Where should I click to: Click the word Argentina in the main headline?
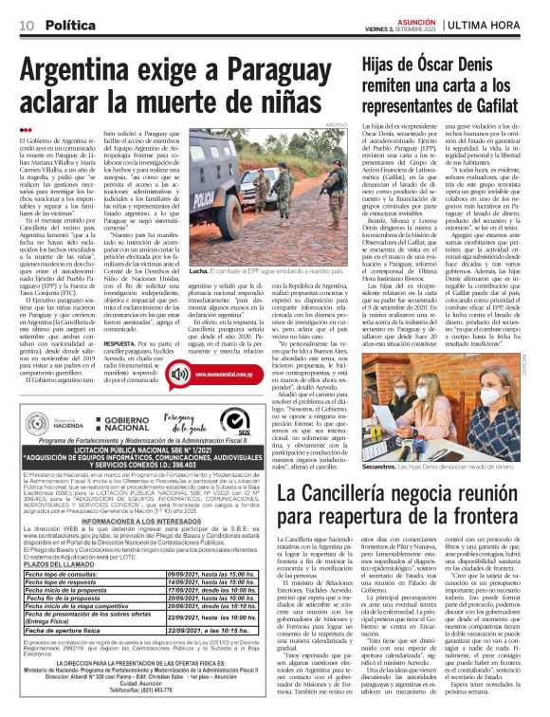pyautogui.click(x=96, y=73)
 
